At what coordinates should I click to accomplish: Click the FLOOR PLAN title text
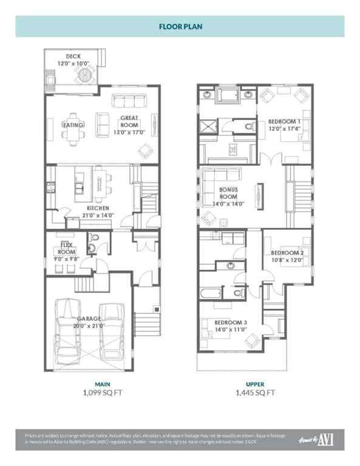pyautogui.click(x=180, y=27)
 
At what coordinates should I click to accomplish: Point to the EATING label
pyautogui.click(x=73, y=124)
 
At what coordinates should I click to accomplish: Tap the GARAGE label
pyautogui.click(x=89, y=319)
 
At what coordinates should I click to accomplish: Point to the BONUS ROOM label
pyautogui.click(x=228, y=197)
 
